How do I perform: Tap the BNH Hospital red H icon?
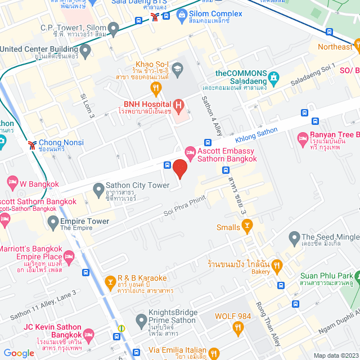coord(178,104)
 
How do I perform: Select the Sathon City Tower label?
coord(138,186)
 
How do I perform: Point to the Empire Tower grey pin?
coord(53,221)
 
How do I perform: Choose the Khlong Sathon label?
coord(256,135)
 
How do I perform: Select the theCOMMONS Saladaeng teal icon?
coord(273,77)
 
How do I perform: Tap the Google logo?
coord(19,353)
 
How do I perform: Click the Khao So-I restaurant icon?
coord(156,87)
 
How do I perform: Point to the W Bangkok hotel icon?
coord(12,182)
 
